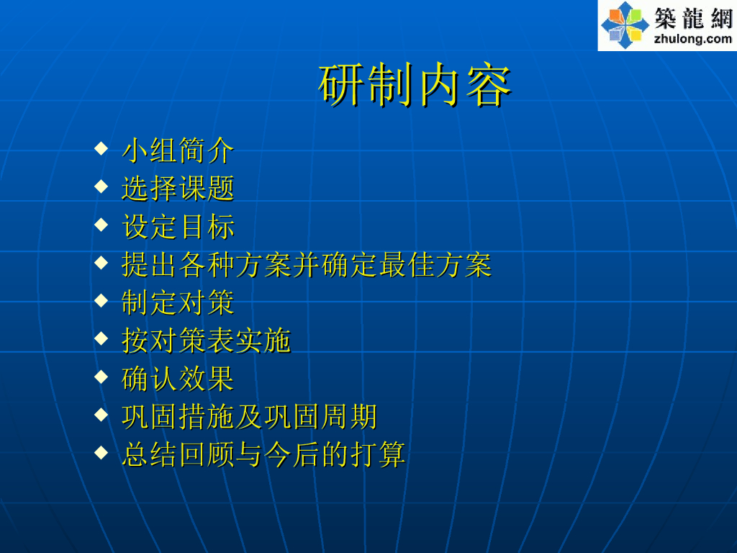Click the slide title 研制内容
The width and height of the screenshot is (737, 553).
[x=415, y=85]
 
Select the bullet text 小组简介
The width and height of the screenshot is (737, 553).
[x=178, y=150]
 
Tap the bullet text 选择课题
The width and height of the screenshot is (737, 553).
[x=178, y=189]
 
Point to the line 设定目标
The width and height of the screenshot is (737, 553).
[x=178, y=227]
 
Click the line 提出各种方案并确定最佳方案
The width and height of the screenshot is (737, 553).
[x=307, y=265]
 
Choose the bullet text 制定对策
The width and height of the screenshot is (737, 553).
[x=178, y=302]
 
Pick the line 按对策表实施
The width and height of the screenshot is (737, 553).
[x=207, y=341]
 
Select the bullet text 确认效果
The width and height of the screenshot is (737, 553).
[x=178, y=379]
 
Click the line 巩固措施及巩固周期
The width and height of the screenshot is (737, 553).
[x=249, y=417]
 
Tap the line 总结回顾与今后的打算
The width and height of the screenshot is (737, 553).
[x=263, y=455]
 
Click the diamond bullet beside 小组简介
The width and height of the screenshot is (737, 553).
[x=101, y=148]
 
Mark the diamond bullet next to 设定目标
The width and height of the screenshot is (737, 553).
[x=101, y=225]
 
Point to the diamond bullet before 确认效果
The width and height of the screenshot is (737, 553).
[x=101, y=377]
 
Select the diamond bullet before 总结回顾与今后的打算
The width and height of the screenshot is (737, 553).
[x=101, y=453]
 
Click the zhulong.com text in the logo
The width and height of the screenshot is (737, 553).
[x=693, y=39]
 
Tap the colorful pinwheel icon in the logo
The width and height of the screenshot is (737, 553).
[x=625, y=25]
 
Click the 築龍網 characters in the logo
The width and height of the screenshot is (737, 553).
[x=693, y=18]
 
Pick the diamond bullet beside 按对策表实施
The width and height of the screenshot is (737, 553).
[x=101, y=338]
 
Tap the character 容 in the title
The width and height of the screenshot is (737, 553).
[x=489, y=86]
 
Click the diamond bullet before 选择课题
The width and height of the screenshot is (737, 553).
[x=101, y=186]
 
